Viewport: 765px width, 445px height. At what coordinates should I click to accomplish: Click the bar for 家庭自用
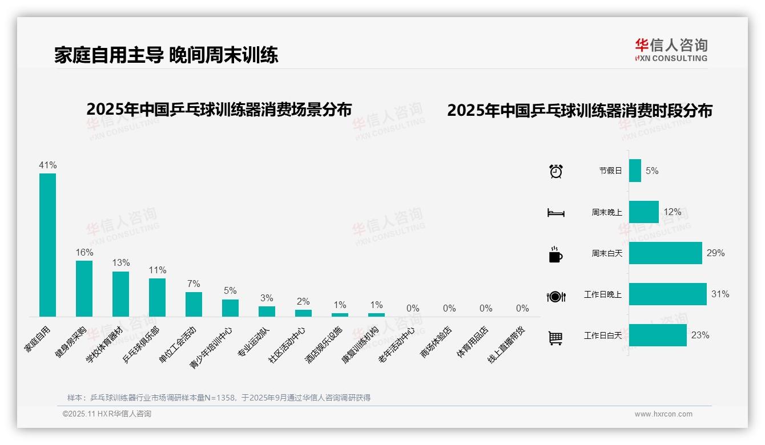[x=47, y=245]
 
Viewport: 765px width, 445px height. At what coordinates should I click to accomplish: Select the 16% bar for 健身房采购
[x=84, y=288]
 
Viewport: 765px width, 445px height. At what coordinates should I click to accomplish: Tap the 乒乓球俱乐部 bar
[x=157, y=297]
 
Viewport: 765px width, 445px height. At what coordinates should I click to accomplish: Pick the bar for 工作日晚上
[x=667, y=294]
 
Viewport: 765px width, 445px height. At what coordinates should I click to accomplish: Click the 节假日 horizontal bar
[x=635, y=171]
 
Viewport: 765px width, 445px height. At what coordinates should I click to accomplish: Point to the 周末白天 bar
[x=665, y=253]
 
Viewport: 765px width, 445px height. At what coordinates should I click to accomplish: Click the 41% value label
[x=47, y=165]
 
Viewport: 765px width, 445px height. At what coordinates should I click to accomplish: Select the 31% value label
[x=720, y=294]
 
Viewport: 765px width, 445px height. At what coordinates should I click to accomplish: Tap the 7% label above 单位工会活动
[x=194, y=284]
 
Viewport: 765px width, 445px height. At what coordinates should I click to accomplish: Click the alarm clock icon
[x=556, y=171]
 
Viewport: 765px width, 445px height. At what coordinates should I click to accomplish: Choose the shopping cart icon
[x=555, y=338]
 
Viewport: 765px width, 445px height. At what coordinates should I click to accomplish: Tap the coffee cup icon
[x=555, y=254]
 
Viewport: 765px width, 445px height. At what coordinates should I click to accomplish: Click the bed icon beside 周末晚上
[x=555, y=213]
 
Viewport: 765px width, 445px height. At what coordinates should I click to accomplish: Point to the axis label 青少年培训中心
[x=211, y=346]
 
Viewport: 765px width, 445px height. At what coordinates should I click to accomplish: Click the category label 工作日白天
[x=602, y=335]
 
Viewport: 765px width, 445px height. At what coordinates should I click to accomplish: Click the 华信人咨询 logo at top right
[x=671, y=50]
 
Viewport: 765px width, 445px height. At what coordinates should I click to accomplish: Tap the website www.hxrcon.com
[x=663, y=414]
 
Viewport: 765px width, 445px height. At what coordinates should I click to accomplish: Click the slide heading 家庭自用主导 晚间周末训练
[x=166, y=55]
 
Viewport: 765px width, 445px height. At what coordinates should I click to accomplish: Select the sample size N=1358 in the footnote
[x=216, y=398]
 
